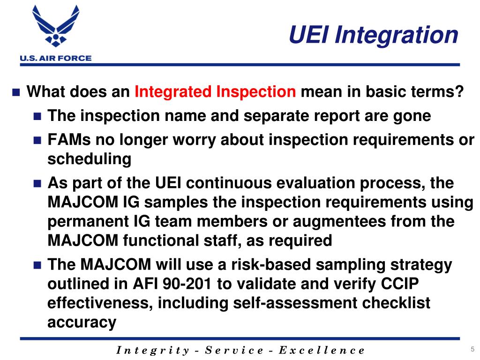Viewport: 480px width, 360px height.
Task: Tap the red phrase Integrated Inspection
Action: click(215, 92)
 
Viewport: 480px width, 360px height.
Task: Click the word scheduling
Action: click(90, 159)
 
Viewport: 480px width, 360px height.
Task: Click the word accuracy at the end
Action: click(82, 322)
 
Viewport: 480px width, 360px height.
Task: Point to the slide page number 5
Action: click(471, 348)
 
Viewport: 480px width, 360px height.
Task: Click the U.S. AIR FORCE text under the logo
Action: click(55, 59)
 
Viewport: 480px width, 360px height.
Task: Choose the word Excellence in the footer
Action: click(322, 350)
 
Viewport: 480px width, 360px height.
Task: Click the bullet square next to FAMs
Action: click(38, 140)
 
